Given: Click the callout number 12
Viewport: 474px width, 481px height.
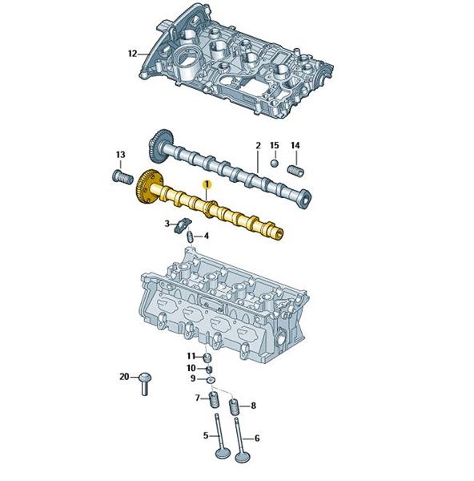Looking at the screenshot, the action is pos(132,54).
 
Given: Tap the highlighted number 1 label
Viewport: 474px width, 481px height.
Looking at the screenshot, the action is pos(207,184).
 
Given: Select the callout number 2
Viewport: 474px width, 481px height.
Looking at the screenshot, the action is pos(258,145).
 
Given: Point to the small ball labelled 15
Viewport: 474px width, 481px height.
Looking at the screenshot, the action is pos(275,164).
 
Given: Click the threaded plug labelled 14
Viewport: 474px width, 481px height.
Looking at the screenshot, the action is pos(296,170).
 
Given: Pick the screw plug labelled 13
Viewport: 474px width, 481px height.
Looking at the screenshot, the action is pos(122,177).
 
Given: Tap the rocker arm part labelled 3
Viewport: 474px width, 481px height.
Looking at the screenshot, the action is pos(183,225).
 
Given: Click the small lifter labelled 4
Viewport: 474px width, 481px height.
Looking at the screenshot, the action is pos(190,237).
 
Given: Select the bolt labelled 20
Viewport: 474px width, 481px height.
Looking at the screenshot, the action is pos(145,383).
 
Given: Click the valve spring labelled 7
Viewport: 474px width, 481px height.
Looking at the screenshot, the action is pos(213,399).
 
